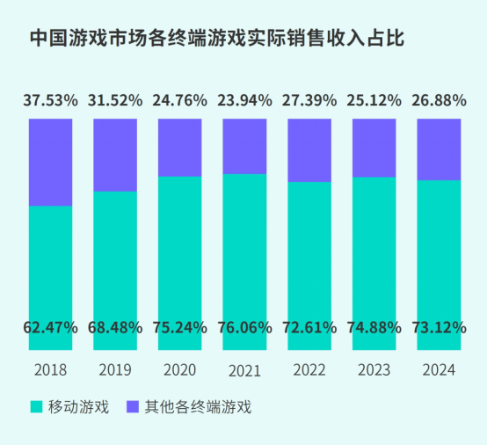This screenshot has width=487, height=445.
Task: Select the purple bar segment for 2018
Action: [51, 162]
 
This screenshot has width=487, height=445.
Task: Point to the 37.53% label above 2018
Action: [51, 99]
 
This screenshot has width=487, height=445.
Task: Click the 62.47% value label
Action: [51, 328]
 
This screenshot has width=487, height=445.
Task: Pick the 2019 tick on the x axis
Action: [115, 369]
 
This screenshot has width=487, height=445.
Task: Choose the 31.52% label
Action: [115, 99]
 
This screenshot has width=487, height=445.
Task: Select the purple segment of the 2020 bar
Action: [180, 147]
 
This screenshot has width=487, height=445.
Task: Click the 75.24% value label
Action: [180, 328]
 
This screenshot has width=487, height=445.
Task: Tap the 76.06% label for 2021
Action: [244, 328]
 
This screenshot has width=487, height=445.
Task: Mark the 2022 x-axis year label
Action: [309, 369]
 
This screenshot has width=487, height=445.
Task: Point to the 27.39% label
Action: [309, 99]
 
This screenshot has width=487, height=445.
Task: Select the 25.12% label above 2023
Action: [374, 99]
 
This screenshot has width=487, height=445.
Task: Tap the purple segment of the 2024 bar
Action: [438, 149]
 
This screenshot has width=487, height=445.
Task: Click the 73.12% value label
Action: [438, 328]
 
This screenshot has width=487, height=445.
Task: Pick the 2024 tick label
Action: [438, 369]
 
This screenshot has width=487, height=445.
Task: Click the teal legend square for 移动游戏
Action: [36, 407]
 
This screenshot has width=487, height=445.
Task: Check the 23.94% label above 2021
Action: [244, 99]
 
